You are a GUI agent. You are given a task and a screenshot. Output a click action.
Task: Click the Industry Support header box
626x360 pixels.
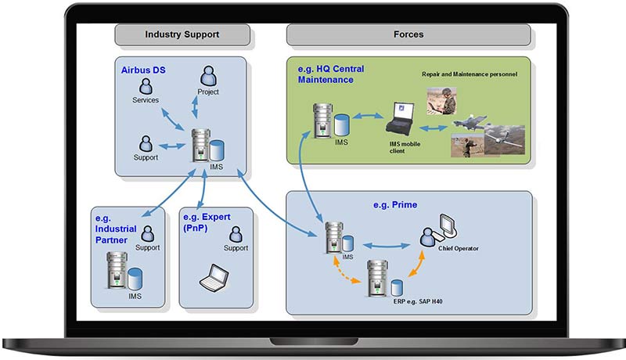182,34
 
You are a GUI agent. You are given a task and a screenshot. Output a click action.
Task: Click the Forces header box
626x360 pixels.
408,34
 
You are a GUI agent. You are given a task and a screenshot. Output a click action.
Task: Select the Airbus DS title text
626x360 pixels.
143,70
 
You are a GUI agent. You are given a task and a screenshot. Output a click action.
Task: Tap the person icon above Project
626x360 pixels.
208,76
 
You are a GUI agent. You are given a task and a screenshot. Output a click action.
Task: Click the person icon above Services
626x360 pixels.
146,85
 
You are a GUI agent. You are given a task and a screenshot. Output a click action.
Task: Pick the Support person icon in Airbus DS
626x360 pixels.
146,144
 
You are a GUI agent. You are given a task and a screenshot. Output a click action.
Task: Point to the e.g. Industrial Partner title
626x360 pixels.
115,229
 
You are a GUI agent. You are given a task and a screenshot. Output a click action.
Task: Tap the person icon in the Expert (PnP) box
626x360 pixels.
236,233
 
